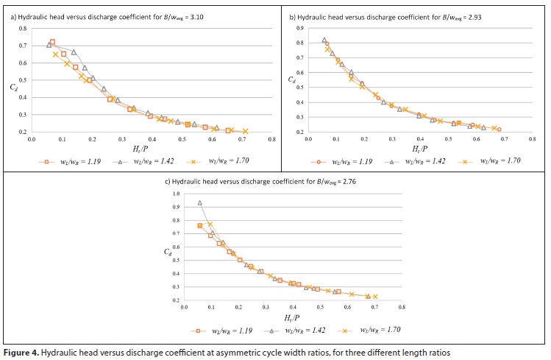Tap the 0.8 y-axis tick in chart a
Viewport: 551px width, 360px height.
click(x=21, y=29)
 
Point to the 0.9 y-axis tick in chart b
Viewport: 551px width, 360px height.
click(x=300, y=28)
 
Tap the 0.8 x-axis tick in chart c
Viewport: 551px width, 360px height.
click(x=402, y=306)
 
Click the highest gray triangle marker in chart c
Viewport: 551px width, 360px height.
click(x=199, y=203)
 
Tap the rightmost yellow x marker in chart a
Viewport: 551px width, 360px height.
click(x=245, y=131)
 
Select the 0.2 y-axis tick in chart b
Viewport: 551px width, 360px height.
click(x=300, y=132)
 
